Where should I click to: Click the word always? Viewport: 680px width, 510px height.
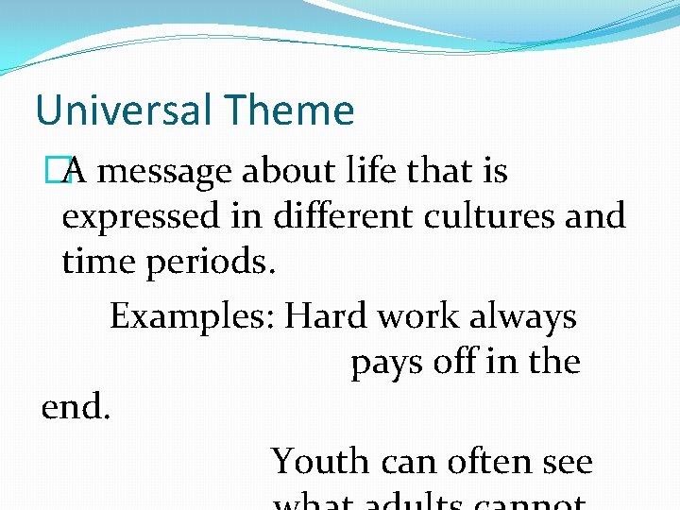(x=528, y=316)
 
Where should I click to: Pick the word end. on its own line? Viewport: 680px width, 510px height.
(x=76, y=407)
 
